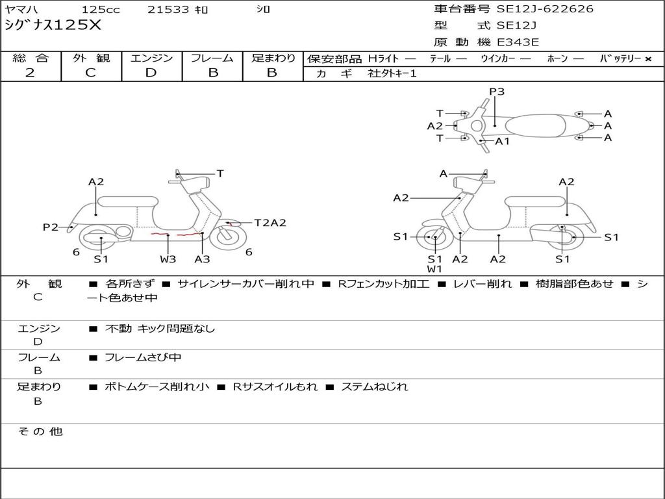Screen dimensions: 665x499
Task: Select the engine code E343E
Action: tap(518, 42)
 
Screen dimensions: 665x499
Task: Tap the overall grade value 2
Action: tap(30, 73)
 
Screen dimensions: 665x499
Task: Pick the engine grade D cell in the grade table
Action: tap(151, 73)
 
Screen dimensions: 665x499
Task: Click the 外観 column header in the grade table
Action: tap(91, 58)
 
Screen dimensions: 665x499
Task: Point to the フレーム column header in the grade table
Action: tap(212, 58)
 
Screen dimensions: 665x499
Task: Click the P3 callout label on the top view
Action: tap(497, 92)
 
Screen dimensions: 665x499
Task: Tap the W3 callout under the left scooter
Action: tap(168, 259)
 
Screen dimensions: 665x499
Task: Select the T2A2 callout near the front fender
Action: tap(270, 223)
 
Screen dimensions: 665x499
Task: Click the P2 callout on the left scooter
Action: tap(51, 227)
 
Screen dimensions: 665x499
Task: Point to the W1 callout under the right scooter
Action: tap(434, 269)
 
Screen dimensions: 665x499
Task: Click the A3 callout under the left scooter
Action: tap(203, 259)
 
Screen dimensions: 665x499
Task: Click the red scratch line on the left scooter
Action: tap(175, 234)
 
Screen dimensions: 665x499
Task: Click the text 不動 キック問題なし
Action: tap(160, 329)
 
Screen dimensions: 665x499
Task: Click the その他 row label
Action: tap(40, 431)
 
